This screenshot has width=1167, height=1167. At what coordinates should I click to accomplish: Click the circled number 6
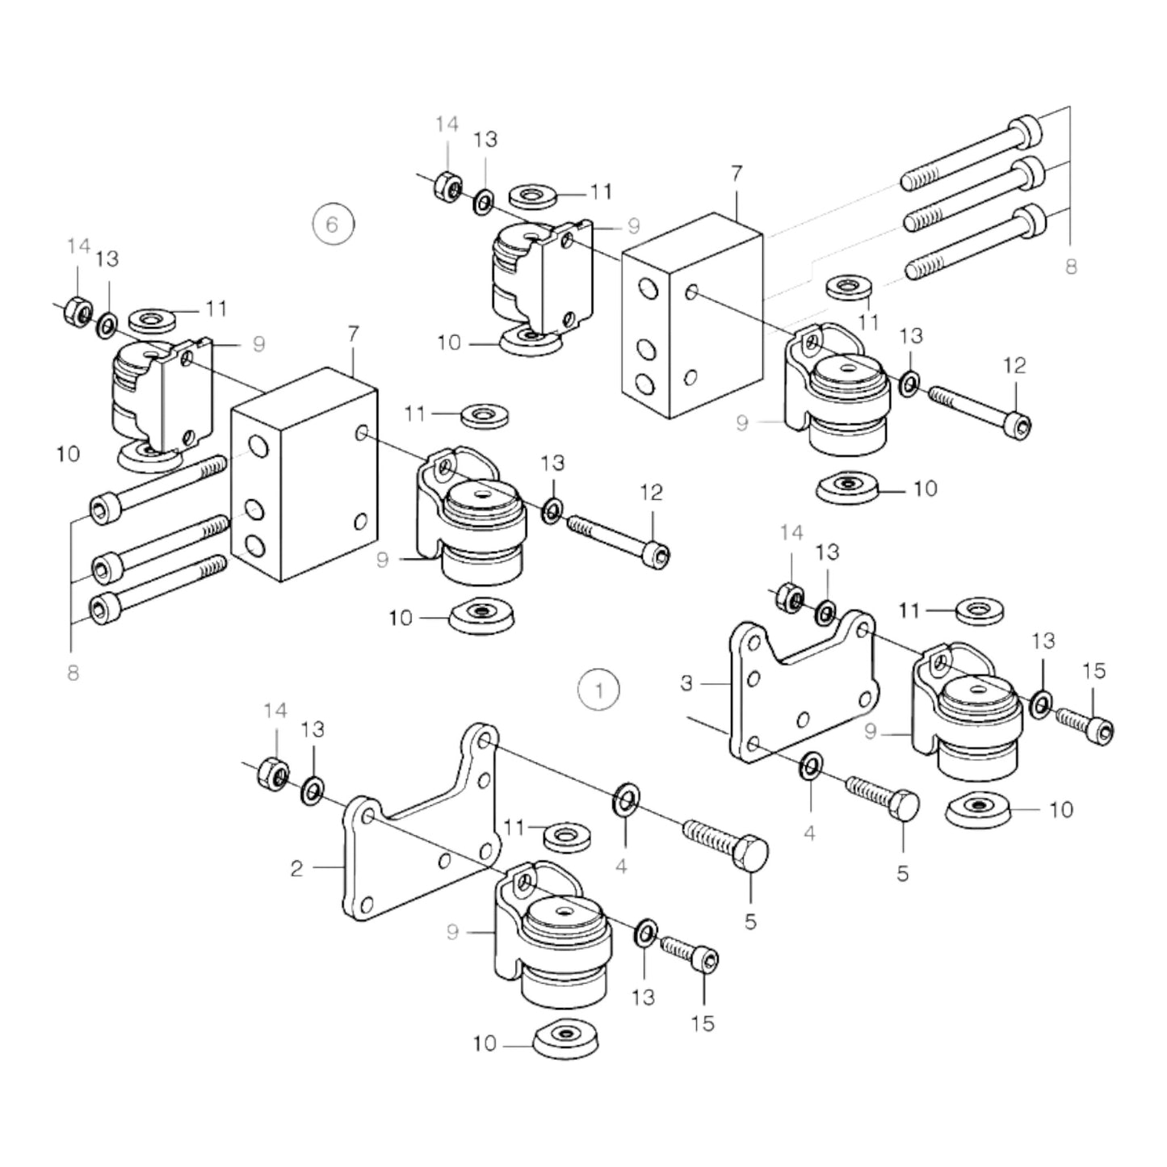pos(333,223)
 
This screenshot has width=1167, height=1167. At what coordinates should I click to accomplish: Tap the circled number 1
pos(598,691)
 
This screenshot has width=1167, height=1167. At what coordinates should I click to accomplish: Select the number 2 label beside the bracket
pos(296,868)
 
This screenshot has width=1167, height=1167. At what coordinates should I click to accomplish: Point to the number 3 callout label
pos(686,683)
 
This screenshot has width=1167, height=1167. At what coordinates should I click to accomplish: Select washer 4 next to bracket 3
pos(811,766)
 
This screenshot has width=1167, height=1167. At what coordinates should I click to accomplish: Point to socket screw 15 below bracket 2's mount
pos(691,951)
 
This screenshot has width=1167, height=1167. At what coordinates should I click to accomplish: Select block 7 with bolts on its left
pos(304,475)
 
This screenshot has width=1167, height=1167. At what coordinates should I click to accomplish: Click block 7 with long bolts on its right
pos(692,315)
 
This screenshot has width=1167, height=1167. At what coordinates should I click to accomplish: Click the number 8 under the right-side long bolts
pos(1071,267)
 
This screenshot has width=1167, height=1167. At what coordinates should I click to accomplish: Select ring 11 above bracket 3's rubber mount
pos(979,611)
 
